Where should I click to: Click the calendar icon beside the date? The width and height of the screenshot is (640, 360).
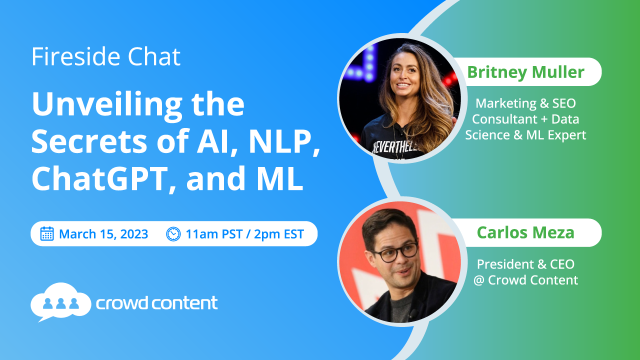click(x=47, y=233)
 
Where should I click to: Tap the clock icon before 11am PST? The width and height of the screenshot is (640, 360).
click(x=173, y=234)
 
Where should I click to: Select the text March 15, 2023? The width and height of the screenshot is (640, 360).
click(x=103, y=234)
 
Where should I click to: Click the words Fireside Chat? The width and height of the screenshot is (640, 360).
click(x=106, y=56)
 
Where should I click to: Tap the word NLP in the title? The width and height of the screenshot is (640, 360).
click(x=284, y=141)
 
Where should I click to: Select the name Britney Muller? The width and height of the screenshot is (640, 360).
click(x=525, y=72)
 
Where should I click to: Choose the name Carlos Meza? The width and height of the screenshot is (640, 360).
click(x=525, y=232)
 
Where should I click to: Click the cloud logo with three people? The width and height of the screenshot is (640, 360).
click(x=61, y=302)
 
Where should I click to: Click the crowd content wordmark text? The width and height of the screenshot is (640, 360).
click(x=156, y=303)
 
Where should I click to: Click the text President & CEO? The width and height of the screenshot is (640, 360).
click(x=525, y=264)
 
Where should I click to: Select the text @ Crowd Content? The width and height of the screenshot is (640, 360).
click(x=525, y=280)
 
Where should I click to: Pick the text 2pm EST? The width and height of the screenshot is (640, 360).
click(x=278, y=234)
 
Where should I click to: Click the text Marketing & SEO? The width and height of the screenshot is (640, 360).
click(x=525, y=103)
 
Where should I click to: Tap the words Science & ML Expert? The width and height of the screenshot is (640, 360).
click(x=525, y=135)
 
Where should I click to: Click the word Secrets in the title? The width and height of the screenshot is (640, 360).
click(x=89, y=141)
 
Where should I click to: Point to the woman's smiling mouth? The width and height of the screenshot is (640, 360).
click(x=403, y=85)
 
